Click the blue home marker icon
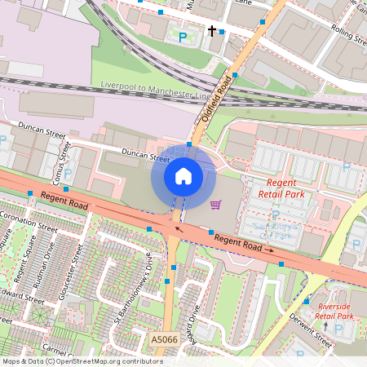(x=183, y=176)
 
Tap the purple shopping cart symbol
(x=215, y=204)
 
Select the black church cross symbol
(x=212, y=32)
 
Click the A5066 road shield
(x=163, y=338)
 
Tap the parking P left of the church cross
(x=183, y=37)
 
